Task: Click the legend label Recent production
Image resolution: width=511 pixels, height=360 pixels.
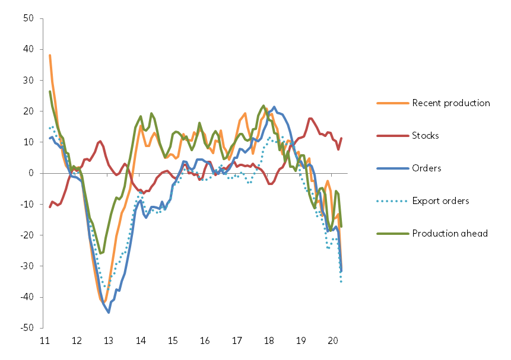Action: point(451,103)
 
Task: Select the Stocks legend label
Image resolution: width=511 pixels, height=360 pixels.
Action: point(426,136)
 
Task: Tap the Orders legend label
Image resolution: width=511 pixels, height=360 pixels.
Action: point(426,168)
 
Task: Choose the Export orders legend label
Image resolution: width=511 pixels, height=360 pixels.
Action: point(440,200)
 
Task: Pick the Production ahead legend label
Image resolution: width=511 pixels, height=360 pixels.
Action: point(450,233)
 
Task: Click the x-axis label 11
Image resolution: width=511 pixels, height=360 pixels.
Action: point(44,341)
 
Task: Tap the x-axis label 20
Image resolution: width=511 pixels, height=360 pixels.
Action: point(333,341)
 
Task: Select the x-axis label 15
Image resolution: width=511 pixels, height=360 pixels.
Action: point(173,341)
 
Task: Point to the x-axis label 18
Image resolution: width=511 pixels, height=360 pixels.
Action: point(269,341)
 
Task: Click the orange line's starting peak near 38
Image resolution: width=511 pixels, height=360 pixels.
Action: point(50,55)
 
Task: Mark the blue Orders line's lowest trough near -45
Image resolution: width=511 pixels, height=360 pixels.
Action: point(109,312)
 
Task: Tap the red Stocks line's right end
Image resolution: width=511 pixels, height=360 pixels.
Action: point(341,138)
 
